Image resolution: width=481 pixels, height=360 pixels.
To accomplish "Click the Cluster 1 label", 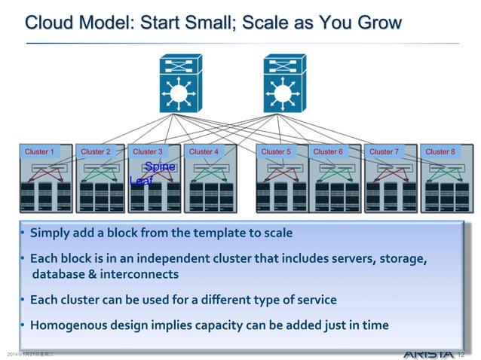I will click(x=39, y=151).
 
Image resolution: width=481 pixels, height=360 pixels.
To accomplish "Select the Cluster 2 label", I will click(x=95, y=151).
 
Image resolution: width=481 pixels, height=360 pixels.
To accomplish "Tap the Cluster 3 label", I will click(x=148, y=151).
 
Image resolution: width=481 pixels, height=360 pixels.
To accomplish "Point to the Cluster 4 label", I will click(x=204, y=151).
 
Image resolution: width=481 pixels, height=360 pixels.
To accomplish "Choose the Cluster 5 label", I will click(x=276, y=151).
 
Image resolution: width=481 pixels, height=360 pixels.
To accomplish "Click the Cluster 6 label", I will click(x=328, y=151).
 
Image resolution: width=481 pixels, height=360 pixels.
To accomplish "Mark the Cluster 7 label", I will click(x=384, y=151).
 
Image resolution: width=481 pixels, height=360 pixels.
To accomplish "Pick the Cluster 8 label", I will click(x=440, y=151).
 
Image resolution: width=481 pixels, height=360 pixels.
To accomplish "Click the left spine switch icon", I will click(x=179, y=84).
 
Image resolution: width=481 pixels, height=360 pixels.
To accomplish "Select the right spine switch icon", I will click(x=283, y=84).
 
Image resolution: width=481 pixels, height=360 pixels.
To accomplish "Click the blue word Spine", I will click(x=160, y=166).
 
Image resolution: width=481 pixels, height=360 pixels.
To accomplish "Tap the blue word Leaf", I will click(x=141, y=181).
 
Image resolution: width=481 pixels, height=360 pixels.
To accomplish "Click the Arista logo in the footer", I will click(x=428, y=353).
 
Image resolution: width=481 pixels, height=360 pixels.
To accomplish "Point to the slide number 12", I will click(x=463, y=353).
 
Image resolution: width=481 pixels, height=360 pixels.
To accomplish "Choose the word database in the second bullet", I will click(x=55, y=274).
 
